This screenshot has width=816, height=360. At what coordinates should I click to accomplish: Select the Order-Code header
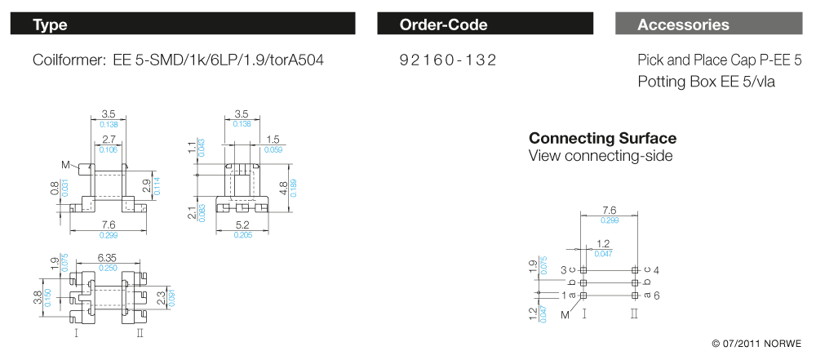click(443, 24)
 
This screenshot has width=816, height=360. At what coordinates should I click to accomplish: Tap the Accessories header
click(683, 24)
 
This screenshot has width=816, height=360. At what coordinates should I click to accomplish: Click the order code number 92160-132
click(447, 60)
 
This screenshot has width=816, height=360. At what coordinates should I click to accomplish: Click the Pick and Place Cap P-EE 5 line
click(720, 60)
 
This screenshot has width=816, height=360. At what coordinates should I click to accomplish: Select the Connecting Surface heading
click(602, 138)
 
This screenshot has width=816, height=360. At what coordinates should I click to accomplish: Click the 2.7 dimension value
click(109, 140)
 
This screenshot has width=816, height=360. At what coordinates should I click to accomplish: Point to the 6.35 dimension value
click(108, 257)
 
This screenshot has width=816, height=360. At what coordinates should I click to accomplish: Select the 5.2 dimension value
click(242, 224)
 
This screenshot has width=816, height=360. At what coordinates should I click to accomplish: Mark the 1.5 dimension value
click(273, 140)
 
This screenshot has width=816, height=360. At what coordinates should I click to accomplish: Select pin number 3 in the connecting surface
click(563, 269)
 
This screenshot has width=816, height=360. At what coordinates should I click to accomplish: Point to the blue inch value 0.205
click(242, 235)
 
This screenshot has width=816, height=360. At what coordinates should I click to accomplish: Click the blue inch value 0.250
click(108, 268)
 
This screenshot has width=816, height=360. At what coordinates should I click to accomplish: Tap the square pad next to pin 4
click(635, 269)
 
